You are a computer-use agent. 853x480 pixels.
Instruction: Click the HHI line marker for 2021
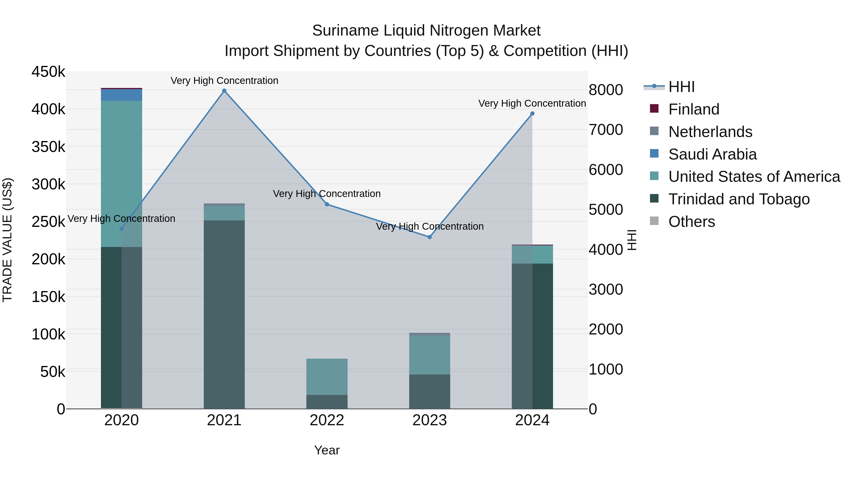[224, 91]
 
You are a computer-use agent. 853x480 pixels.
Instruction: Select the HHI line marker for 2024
[532, 114]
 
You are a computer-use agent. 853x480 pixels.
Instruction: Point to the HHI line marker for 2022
[327, 204]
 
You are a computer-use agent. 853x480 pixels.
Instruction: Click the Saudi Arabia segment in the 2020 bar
[122, 95]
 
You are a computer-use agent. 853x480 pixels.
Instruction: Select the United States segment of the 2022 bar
[327, 377]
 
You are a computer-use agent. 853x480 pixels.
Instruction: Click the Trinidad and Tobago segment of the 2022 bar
[327, 402]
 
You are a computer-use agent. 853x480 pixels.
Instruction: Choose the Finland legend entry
[694, 109]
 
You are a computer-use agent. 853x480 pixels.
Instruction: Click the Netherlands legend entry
[710, 132]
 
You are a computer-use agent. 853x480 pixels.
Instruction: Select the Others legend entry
[691, 222]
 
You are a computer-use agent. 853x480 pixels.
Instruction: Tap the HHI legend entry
[681, 87]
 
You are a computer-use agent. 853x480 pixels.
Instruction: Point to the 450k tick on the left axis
[48, 72]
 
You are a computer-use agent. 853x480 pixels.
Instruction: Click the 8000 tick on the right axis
[606, 90]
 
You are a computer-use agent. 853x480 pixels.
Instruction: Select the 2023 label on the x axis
[430, 420]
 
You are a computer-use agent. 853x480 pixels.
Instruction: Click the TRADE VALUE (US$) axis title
[8, 240]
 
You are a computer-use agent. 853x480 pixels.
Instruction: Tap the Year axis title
[327, 450]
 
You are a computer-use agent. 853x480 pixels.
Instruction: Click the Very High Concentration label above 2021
[224, 81]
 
